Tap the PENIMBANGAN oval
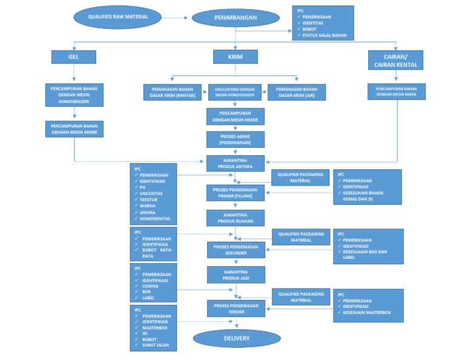[x=236, y=18]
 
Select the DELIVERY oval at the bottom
[x=236, y=338]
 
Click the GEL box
[x=74, y=57]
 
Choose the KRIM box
[x=236, y=56]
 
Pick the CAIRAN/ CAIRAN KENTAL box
[x=395, y=59]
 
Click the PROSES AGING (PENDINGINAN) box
[x=236, y=139]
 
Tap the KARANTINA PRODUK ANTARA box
[x=236, y=163]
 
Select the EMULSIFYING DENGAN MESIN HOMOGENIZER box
[x=235, y=92]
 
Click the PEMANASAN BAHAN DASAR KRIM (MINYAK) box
[x=172, y=92]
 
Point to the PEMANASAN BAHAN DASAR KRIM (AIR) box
[x=297, y=92]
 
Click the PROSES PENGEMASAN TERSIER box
[x=236, y=308]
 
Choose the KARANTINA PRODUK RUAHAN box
[x=236, y=218]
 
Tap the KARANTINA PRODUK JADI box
[x=236, y=275]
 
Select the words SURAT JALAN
[x=157, y=345]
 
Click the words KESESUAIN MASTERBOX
[x=367, y=313]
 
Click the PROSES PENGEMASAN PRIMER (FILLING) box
[x=236, y=192]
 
